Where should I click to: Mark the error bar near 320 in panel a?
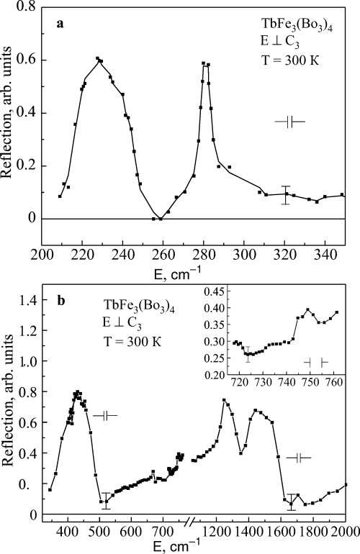point(286,194)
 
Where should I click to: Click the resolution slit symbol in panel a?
point(290,122)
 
